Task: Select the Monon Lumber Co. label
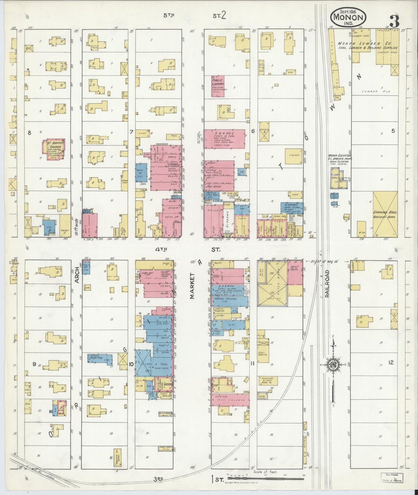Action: (367, 44)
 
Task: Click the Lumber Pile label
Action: (376, 91)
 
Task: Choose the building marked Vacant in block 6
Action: (293, 156)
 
